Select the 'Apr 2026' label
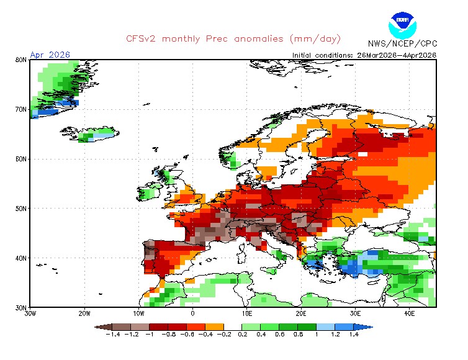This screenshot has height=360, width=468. (50, 55)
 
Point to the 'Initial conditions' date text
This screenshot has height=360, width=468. (364, 55)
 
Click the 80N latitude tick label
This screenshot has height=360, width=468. (20, 60)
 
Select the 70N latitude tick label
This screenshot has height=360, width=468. (20, 109)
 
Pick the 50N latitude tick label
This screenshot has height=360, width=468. (20, 209)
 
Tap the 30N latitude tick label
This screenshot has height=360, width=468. (20, 307)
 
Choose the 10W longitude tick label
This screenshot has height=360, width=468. (139, 313)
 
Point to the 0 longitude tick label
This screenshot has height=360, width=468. (193, 313)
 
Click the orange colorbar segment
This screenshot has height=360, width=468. (215, 326)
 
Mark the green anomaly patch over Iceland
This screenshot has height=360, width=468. (93, 133)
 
